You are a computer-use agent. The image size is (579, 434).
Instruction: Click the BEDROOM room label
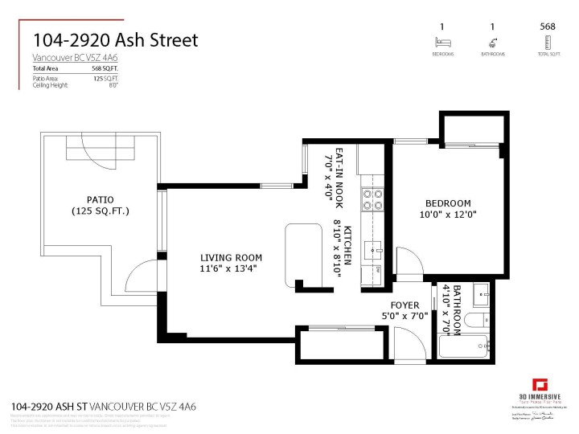point(449,203)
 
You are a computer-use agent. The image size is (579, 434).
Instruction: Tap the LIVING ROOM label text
point(230,258)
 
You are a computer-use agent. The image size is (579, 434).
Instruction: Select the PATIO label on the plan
point(101,199)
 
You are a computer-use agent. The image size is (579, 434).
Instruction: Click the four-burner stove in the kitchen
point(372,199)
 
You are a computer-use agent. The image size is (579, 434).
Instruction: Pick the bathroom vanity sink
point(481,290)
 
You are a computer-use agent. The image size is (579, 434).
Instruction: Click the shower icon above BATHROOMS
point(493,42)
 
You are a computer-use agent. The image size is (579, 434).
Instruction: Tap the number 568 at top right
point(547,26)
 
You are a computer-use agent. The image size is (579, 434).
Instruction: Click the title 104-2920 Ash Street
point(115,40)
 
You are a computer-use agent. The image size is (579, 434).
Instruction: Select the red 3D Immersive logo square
point(540,384)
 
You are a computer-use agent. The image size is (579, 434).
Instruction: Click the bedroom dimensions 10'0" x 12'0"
point(449,215)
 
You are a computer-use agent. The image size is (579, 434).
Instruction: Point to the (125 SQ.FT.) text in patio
point(101,211)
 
